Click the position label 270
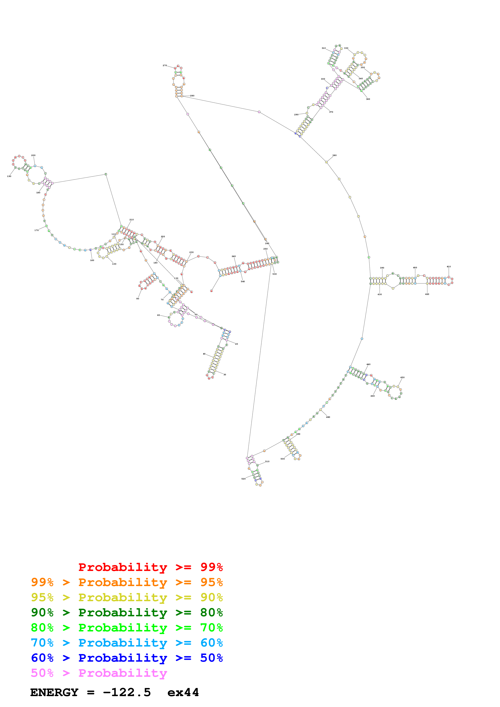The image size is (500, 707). point(165,66)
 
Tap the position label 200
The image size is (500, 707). point(33,156)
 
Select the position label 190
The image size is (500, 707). point(9,176)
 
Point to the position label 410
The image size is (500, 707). point(449,267)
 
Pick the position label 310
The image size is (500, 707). point(324,48)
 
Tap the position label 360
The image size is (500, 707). point(368,99)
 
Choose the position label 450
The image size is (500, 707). point(402,377)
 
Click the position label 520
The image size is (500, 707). point(243,479)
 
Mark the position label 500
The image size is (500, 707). point(283,459)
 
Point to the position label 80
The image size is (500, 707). point(138,299)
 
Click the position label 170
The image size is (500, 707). point(36,230)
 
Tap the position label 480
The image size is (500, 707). point(328,417)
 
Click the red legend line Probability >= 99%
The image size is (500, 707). point(150,567)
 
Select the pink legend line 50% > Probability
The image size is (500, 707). point(99,673)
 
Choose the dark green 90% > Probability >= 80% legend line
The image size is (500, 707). point(127,612)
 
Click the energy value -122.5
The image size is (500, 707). point(127,692)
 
